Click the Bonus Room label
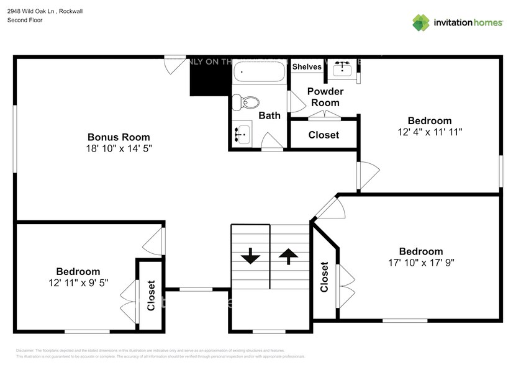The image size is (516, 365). tap(118, 137)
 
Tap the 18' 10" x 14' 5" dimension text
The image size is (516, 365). tap(118, 149)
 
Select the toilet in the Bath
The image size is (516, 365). tap(251, 102)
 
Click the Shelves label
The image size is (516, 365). tap(307, 67)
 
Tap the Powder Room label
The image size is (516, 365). tap(325, 97)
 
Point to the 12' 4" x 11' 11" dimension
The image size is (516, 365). tap(430, 132)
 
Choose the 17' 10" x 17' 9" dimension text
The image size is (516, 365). tap(420, 263)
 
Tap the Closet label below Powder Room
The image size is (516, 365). tap(324, 135)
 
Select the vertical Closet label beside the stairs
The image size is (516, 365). tap(324, 277)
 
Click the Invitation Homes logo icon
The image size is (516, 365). tap(421, 22)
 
